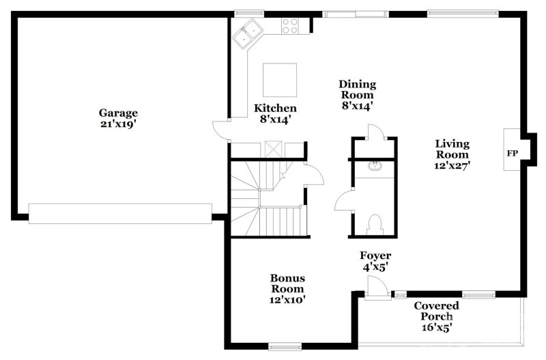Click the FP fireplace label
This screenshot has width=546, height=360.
[x=512, y=153]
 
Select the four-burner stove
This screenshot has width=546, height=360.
[x=290, y=26]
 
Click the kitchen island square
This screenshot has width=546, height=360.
[x=280, y=80]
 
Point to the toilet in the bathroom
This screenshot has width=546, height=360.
[x=374, y=225]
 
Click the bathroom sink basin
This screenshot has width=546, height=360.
[x=375, y=165]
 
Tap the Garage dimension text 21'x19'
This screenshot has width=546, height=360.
[x=118, y=124]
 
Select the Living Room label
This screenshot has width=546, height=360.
[x=452, y=149]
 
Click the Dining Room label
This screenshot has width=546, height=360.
[x=358, y=89]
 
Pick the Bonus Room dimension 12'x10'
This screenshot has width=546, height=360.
[x=287, y=300]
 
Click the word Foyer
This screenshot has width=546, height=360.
[x=375, y=255]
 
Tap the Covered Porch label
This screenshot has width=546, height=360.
[x=437, y=311]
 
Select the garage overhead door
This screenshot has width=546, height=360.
[x=120, y=214]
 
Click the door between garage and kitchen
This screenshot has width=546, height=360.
[x=220, y=130]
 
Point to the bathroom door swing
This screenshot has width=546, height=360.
[x=344, y=200]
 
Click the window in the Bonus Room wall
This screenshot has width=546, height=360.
[x=285, y=346]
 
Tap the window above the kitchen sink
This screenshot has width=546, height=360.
[x=248, y=13]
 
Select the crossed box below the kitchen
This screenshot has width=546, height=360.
[x=273, y=149]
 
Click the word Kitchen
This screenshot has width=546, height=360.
[x=275, y=108]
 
